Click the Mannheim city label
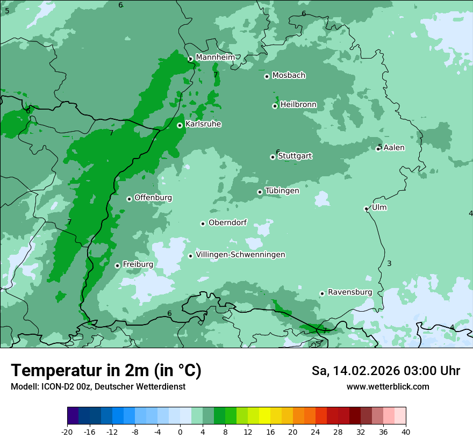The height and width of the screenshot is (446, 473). (215, 57)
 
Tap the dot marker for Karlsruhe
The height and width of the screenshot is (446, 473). (180, 125)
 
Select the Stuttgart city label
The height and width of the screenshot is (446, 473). (295, 156)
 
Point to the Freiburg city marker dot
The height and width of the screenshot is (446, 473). (117, 265)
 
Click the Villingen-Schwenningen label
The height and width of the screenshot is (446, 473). (240, 255)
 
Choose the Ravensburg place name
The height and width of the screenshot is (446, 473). (350, 292)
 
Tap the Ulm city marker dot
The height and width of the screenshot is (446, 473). (366, 208)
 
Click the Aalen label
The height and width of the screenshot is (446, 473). (394, 148)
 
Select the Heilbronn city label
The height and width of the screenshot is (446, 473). (298, 105)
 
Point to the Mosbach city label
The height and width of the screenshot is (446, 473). (289, 76)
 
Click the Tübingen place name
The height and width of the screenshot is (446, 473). (282, 191)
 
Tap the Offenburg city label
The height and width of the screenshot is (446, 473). (153, 198)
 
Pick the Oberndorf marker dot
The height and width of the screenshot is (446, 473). (203, 224)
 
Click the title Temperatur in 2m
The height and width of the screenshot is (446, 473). (106, 371)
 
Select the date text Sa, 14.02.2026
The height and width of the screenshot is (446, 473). (356, 371)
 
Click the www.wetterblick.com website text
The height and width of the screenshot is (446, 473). (388, 387)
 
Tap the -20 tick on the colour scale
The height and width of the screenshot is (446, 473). (67, 431)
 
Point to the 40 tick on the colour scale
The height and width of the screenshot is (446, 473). (406, 431)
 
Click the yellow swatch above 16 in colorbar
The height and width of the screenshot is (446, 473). (264, 416)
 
